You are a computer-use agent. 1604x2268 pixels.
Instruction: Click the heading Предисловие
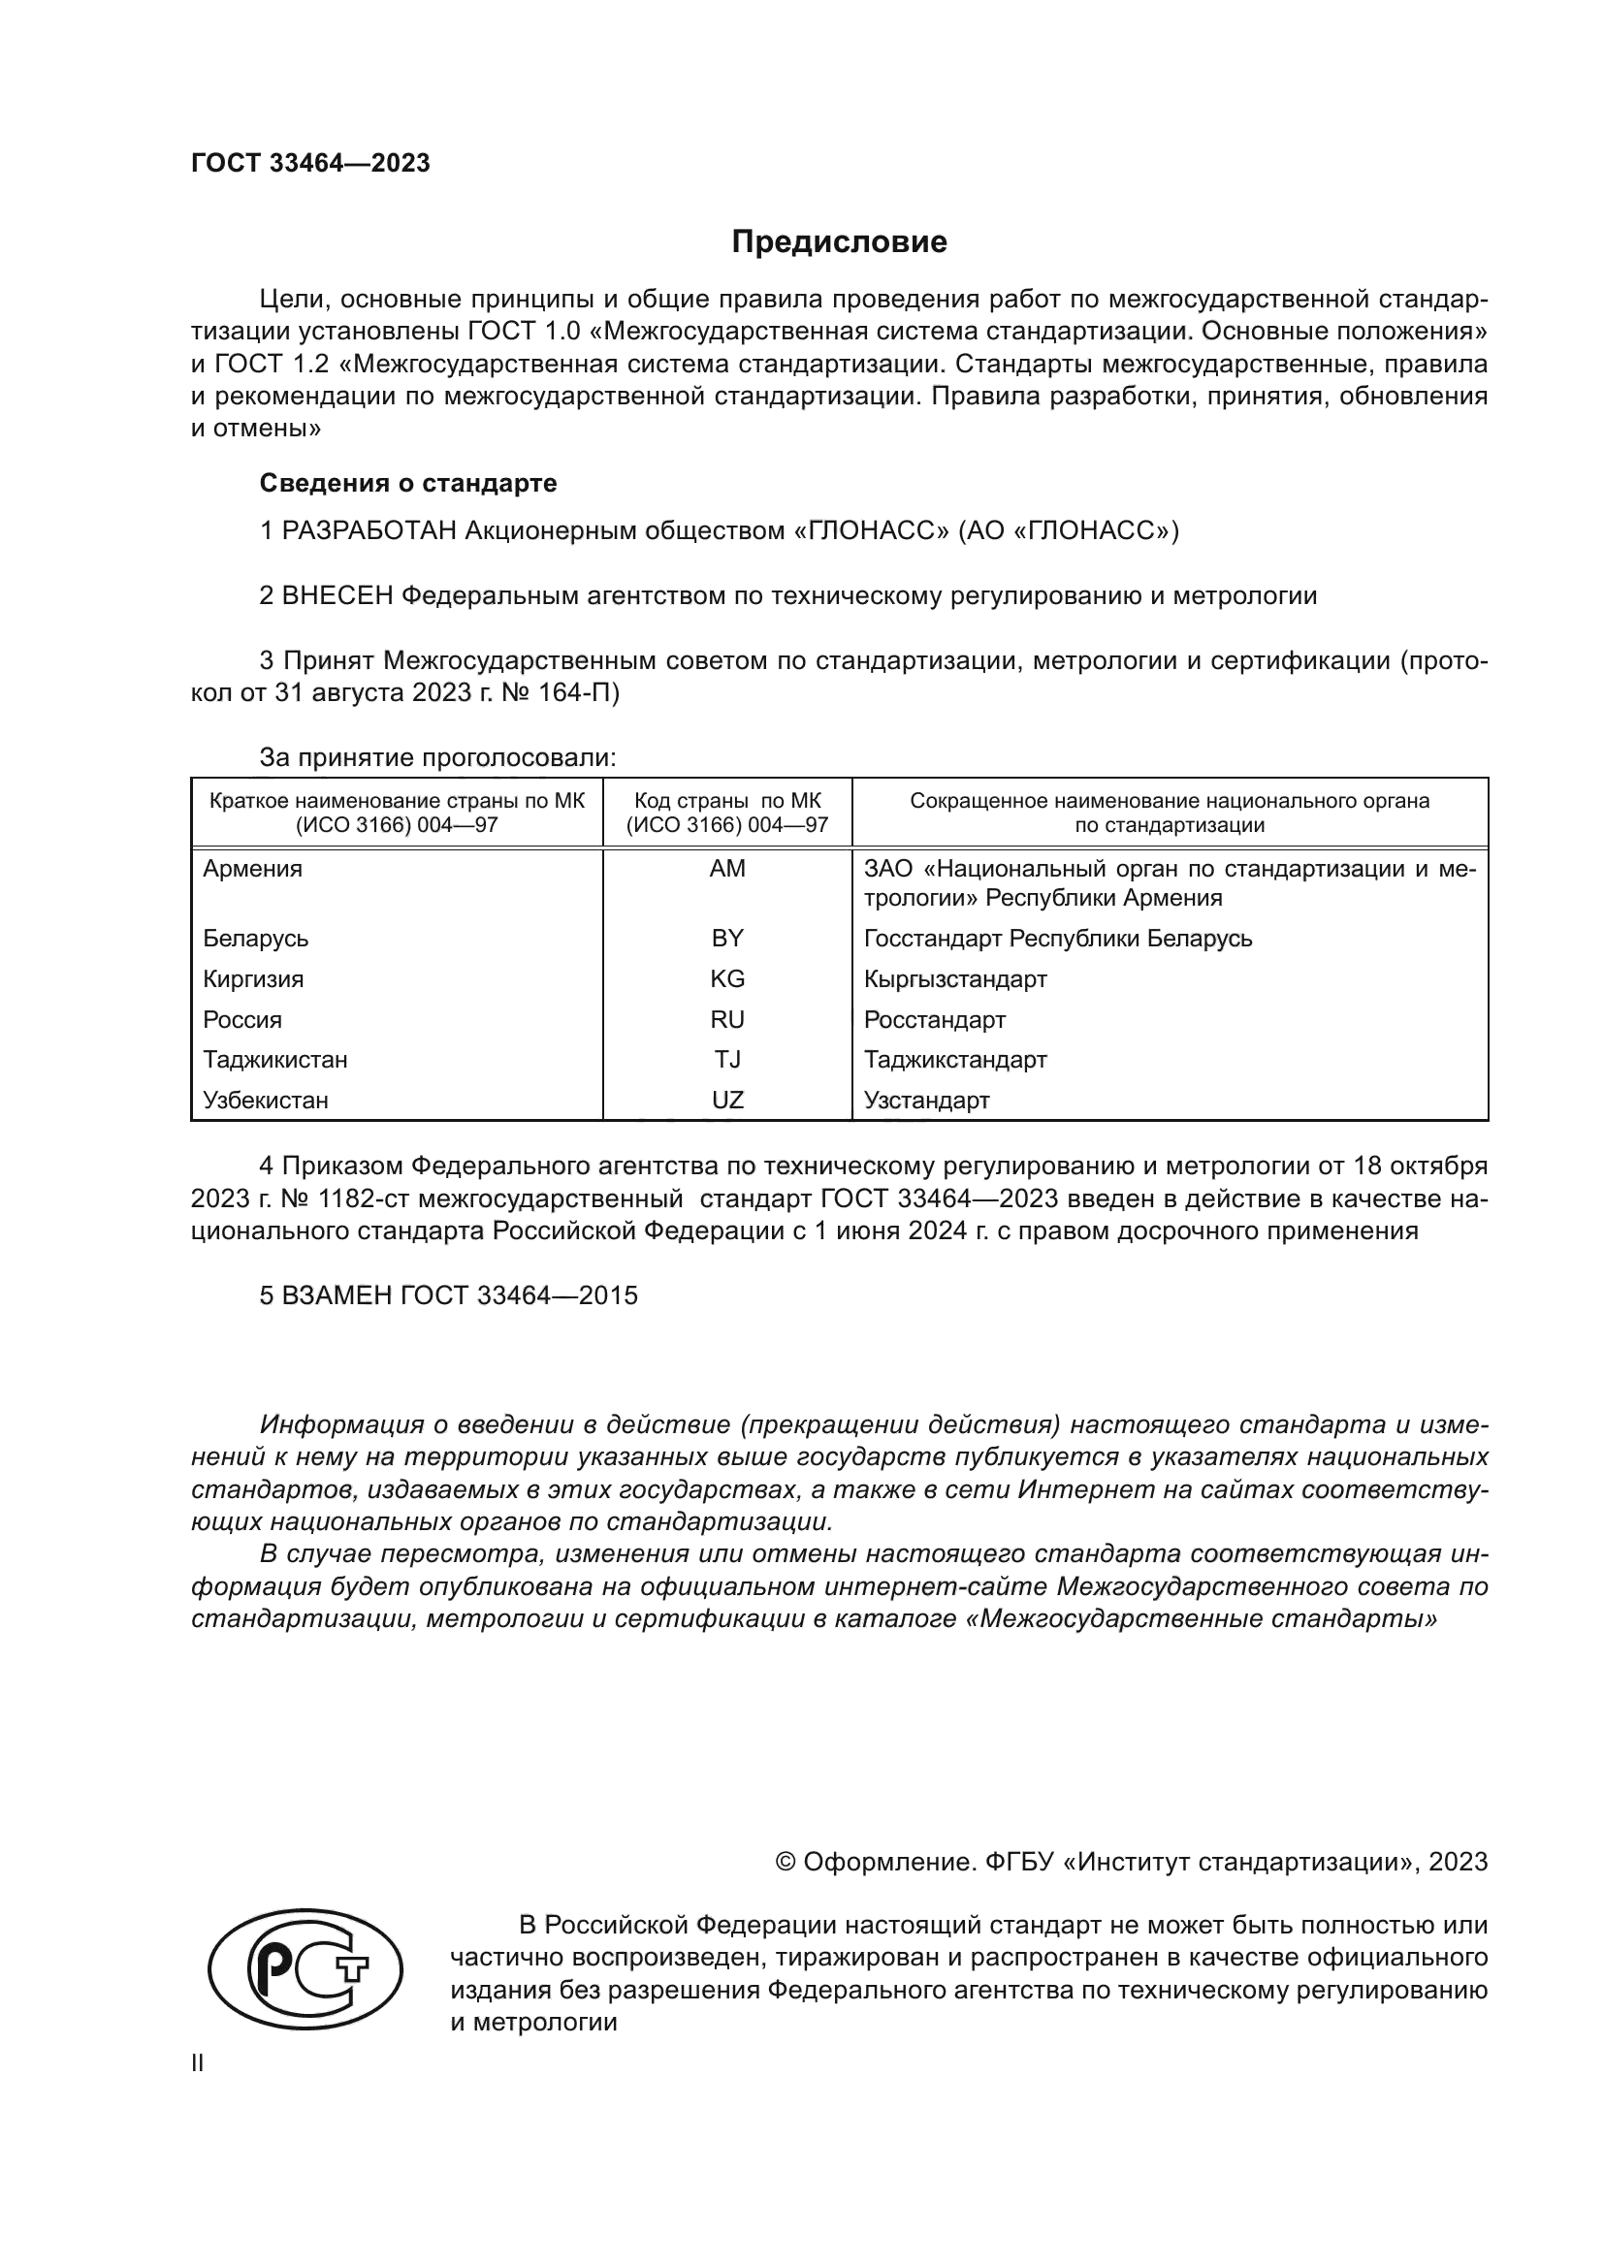coord(839,242)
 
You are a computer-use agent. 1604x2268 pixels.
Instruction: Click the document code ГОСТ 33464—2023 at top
coord(310,163)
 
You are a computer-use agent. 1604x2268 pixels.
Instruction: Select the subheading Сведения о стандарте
coord(408,483)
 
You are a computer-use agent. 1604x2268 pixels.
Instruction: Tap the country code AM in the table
coord(727,868)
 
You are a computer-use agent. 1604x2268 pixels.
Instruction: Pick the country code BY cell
coord(727,938)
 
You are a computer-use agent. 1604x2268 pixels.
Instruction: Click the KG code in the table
coord(727,979)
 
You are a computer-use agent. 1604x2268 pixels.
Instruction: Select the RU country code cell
coord(727,1019)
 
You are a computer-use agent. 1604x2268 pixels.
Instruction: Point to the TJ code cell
coord(727,1060)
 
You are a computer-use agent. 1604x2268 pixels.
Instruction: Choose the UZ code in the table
coord(727,1101)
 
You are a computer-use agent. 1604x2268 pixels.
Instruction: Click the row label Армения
coord(253,868)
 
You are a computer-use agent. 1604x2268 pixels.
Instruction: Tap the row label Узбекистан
coord(266,1101)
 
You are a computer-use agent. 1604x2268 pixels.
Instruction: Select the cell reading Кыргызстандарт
coord(955,979)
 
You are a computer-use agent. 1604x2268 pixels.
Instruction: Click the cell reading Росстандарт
coord(934,1019)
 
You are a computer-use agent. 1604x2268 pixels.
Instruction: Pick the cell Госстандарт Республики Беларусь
coord(1058,938)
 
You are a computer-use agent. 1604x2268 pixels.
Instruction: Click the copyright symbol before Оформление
coord(786,1862)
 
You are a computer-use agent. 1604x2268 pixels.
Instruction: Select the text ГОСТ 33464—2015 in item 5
coord(520,1295)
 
